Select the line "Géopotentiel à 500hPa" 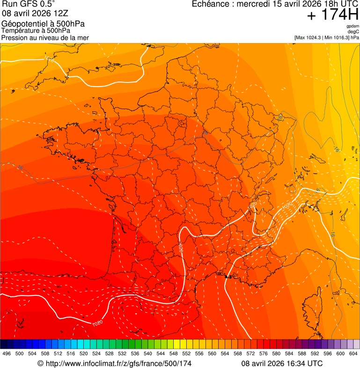point(43,24)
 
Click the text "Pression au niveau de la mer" point(45,37)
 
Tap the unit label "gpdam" point(353,27)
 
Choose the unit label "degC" point(353,32)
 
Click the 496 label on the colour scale point(7,353)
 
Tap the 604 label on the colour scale point(353,353)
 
